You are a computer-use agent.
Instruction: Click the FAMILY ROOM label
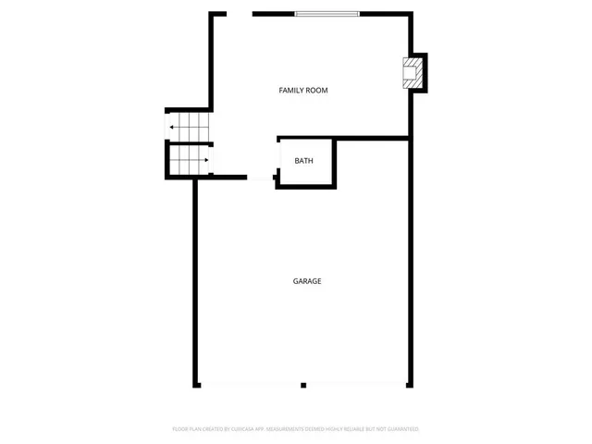point(303,91)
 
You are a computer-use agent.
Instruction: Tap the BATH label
point(303,161)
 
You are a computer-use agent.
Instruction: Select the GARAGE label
point(307,281)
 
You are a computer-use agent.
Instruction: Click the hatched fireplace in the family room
point(412,72)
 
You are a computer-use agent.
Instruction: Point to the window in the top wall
point(327,14)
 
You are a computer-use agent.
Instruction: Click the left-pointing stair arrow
point(173,128)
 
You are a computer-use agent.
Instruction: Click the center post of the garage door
point(303,385)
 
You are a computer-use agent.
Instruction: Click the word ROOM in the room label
point(317,91)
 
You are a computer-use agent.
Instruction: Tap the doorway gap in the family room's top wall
point(240,14)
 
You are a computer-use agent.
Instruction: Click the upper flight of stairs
point(190,125)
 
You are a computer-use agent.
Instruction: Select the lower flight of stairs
point(189,161)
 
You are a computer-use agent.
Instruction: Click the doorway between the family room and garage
point(261,177)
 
